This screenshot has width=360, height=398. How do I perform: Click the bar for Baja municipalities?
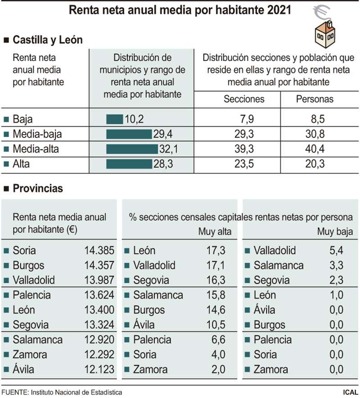click(x=114, y=119)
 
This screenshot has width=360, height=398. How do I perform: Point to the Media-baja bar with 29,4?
click(x=129, y=134)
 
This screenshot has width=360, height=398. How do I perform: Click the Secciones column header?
click(x=244, y=99)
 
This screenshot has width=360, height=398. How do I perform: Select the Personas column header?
click(x=315, y=99)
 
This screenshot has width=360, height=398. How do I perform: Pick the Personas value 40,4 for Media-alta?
click(x=315, y=149)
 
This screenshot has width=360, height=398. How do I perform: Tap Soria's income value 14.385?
click(x=99, y=251)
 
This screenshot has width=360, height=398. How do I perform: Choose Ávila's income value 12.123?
click(x=99, y=370)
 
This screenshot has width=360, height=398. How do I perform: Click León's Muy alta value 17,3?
click(x=216, y=251)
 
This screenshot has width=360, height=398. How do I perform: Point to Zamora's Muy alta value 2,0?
click(x=217, y=370)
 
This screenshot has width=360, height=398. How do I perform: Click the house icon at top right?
click(x=325, y=34)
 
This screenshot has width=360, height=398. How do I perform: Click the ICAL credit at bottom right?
click(x=348, y=392)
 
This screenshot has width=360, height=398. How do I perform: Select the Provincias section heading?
click(x=38, y=189)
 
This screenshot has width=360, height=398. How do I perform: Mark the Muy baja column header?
click(x=335, y=232)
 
